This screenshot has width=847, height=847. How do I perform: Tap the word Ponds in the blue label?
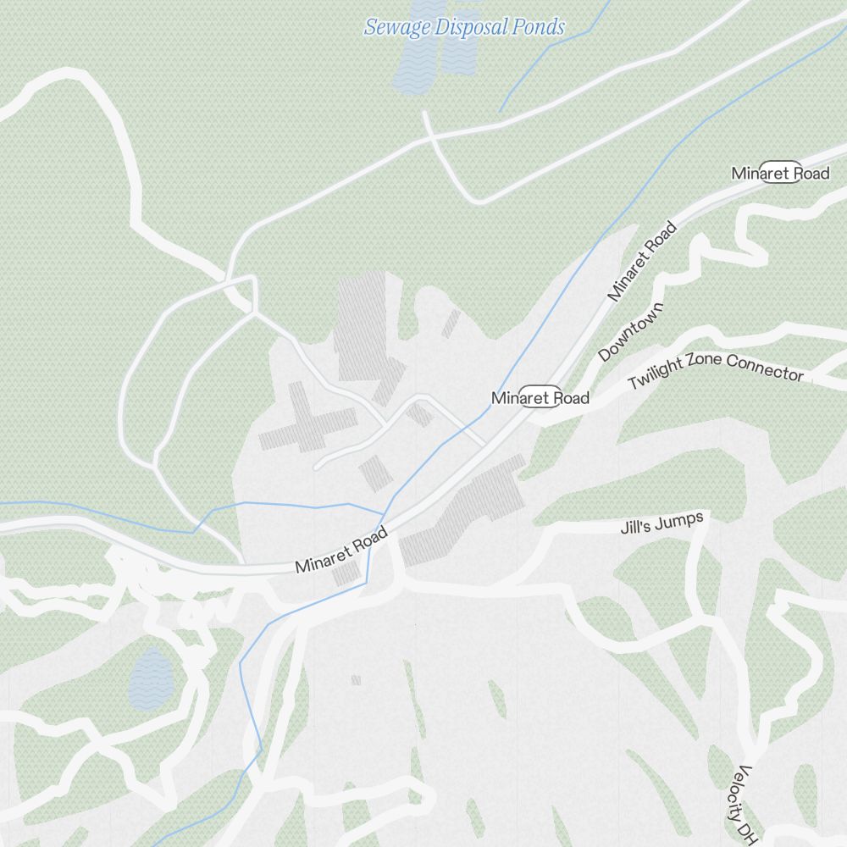(538, 27)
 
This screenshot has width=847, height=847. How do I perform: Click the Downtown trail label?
(631, 330)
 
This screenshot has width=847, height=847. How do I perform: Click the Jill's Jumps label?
(662, 523)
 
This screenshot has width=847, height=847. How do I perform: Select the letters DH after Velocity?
(747, 834)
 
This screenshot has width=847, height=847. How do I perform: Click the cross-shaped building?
(307, 419)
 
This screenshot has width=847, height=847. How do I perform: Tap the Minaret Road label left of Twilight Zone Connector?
(540, 398)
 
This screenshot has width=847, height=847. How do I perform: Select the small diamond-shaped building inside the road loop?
(419, 413)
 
